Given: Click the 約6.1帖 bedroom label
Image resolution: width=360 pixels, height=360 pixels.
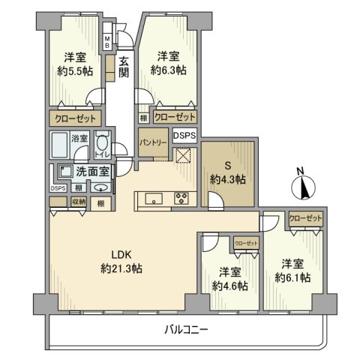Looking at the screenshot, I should click(x=292, y=271).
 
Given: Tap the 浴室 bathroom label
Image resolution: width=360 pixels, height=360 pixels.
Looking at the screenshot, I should click(x=79, y=138).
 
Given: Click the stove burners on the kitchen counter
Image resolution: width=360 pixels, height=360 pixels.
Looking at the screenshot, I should click(x=181, y=199).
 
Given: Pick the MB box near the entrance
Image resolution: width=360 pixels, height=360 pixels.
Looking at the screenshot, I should click(x=107, y=42).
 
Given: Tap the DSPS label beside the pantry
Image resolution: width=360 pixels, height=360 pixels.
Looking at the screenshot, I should click(x=184, y=136).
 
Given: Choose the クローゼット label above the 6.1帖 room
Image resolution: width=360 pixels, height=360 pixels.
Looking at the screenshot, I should click(x=305, y=218).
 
